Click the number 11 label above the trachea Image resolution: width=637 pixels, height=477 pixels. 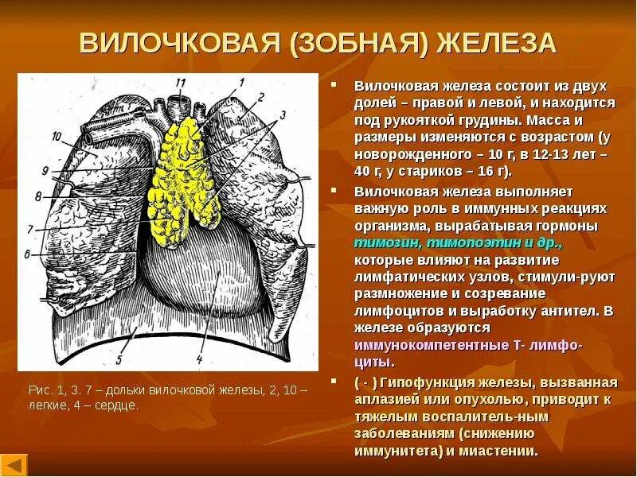(x=181, y=82)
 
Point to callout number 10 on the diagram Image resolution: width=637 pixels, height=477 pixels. (x=57, y=136)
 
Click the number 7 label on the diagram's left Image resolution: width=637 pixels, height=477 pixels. (x=29, y=230)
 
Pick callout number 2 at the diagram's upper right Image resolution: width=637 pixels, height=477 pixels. (x=260, y=96)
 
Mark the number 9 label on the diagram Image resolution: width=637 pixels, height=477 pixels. (x=45, y=171)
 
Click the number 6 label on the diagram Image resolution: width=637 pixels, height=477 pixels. (x=27, y=254)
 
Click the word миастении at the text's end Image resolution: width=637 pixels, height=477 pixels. (x=506, y=450)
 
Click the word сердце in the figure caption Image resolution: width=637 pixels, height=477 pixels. (x=119, y=405)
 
